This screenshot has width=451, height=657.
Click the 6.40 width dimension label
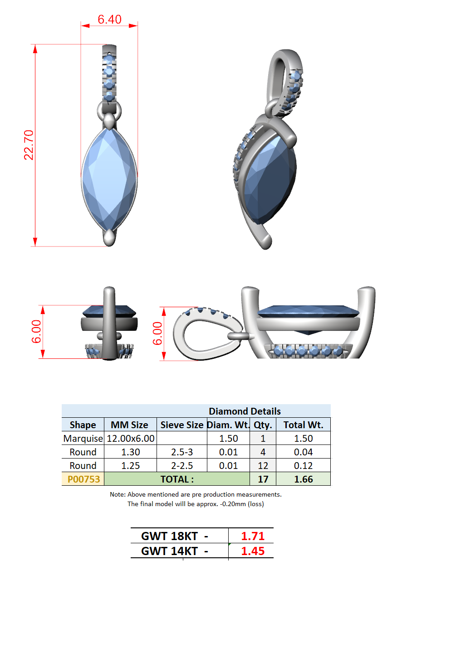pyautogui.click(x=109, y=19)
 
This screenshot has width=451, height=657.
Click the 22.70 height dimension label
pyautogui.click(x=29, y=145)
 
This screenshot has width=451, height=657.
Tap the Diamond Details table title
pyautogui.click(x=245, y=411)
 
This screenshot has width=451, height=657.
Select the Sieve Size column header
pyautogui.click(x=182, y=425)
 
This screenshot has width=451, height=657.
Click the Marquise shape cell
pyautogui.click(x=83, y=439)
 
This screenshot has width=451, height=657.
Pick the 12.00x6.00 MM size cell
pyautogui.click(x=131, y=439)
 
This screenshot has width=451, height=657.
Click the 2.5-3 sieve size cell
pyautogui.click(x=182, y=452)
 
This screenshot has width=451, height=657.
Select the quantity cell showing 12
pyautogui.click(x=263, y=465)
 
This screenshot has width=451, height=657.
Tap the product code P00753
pyautogui.click(x=83, y=479)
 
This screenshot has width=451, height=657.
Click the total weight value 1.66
pyautogui.click(x=303, y=479)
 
